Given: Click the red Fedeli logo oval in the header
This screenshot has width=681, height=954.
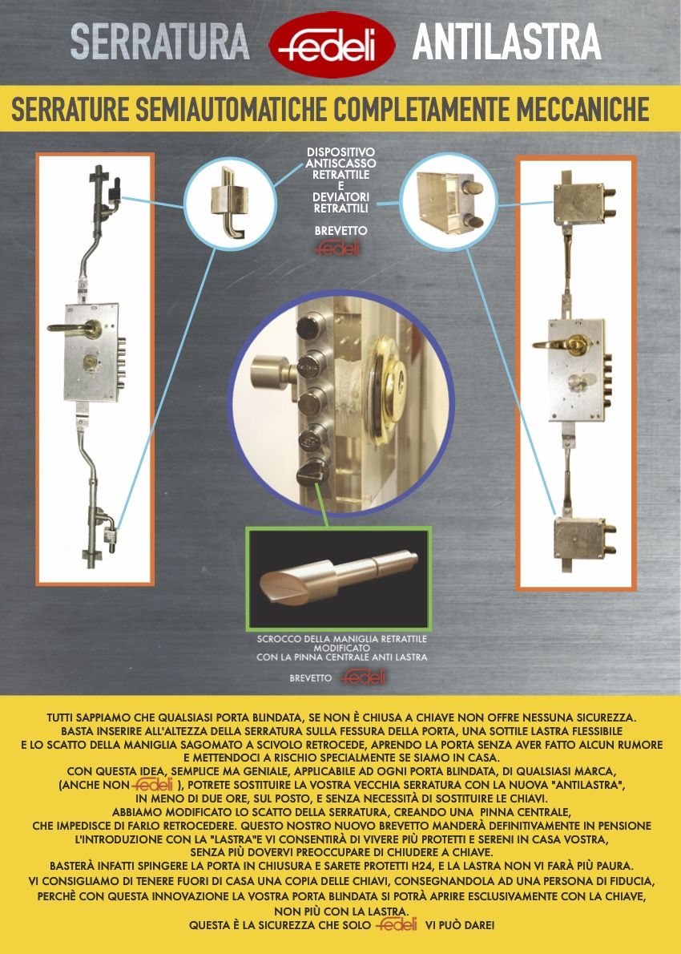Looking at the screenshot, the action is (332, 44).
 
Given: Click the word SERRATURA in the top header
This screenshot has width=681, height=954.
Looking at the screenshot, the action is (160, 42).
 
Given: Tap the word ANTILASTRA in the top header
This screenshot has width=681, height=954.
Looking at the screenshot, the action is (506, 42).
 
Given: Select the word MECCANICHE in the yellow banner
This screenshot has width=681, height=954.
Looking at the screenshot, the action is (582, 109).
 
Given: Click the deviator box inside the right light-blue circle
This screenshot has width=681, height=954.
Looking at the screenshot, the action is (449, 200).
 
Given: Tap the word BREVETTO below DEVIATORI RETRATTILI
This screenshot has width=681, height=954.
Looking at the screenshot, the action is (341, 231).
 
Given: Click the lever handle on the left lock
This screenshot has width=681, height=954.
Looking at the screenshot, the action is (75, 329).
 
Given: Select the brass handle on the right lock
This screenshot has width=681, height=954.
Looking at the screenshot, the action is (561, 345).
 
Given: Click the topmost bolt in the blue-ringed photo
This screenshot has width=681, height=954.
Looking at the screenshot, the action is (309, 327).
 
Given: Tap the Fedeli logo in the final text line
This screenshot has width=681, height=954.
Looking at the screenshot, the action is (397, 925).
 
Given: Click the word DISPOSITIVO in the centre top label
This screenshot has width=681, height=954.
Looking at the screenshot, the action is (340, 152).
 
